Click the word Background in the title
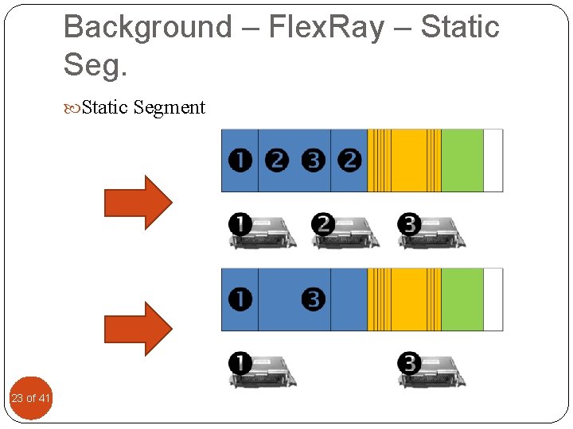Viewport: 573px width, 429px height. pos(146,27)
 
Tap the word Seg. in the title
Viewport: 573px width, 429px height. pos(95,65)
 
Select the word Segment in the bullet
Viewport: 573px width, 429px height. pos(170,107)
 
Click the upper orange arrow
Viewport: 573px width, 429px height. pos(138,202)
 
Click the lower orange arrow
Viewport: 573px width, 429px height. pos(138,327)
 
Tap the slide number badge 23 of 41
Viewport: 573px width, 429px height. pos(31,397)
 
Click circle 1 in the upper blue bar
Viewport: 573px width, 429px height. pos(240,160)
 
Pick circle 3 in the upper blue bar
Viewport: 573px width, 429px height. pos(314,160)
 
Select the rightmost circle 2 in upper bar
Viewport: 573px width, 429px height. pos(349,160)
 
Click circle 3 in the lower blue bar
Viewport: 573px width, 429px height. pos(314,300)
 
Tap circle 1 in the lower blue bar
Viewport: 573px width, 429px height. pos(240,300)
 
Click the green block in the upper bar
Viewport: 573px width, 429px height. pos(462,160)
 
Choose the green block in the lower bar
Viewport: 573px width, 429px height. pos(462,300)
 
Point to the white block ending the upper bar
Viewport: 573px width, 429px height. pos(493,160)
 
